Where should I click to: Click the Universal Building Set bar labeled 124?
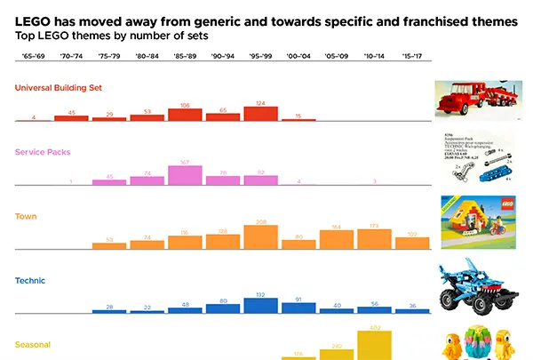click(261, 114)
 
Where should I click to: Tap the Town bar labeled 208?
click(261, 236)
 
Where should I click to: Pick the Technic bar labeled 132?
click(261, 306)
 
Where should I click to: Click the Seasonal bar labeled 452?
click(375, 346)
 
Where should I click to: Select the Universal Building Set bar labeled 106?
click(186, 115)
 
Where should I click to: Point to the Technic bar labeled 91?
click(298, 308)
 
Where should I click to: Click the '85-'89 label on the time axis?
click(186, 56)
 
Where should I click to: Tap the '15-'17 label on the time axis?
click(412, 56)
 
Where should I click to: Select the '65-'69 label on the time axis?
click(34, 56)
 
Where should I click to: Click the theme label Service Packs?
click(43, 152)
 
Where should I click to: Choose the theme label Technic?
click(30, 280)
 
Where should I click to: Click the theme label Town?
click(26, 216)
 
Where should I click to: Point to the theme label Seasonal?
click(33, 344)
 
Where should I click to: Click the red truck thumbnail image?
click(478, 100)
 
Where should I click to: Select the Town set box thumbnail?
click(478, 222)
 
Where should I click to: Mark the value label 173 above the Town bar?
click(375, 227)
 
